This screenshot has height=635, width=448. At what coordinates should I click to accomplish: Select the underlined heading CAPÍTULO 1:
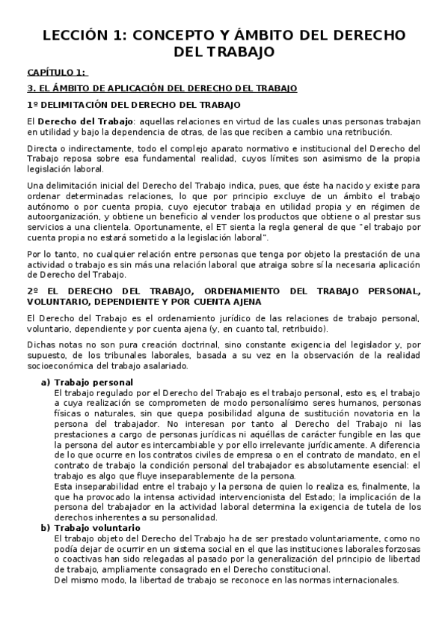click(57, 73)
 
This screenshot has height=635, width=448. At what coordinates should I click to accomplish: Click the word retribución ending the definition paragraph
click(361, 132)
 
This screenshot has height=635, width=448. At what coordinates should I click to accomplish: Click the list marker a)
click(46, 383)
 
